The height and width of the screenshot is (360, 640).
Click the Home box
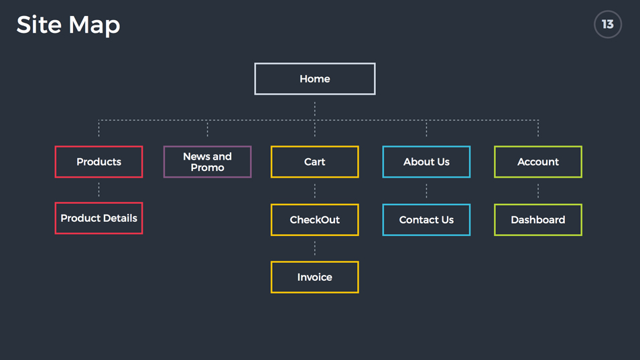pos(315,79)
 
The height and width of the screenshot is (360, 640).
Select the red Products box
pos(99,162)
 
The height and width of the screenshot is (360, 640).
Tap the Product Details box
pos(99,218)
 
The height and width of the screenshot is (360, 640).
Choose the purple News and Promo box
pos(207,162)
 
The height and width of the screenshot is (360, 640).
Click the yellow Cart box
pos(315,162)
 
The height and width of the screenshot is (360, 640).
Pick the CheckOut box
pos(315,220)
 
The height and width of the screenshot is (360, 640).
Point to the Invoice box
pos(315,277)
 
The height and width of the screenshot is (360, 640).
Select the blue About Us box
pos(426,162)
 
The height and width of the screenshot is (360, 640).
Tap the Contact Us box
pos(426,220)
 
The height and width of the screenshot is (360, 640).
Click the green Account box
pos(538,162)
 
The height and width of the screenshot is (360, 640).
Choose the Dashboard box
pos(538,220)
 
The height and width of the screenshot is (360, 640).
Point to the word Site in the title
pos(39,25)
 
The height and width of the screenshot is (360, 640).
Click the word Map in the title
pos(94,26)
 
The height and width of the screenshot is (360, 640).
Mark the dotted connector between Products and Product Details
pos(99,190)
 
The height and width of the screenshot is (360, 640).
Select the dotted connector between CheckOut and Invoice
pos(315,248)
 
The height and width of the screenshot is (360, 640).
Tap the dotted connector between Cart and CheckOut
pos(315,190)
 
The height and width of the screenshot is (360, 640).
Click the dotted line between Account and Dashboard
pos(538,190)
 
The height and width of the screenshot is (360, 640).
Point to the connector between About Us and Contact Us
pos(426,190)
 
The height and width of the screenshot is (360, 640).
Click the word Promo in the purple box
pos(207,168)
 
